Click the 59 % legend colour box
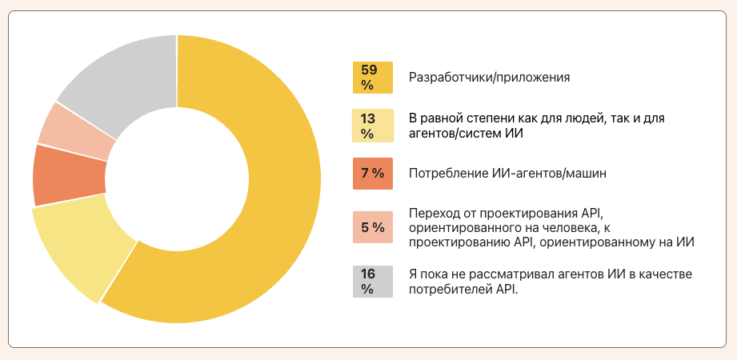pos(372,78)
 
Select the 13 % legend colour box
pos(372,126)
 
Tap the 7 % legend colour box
pos(372,174)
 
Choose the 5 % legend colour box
pos(372,227)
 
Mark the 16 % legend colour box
pos(372,282)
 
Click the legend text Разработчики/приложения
pos(489,78)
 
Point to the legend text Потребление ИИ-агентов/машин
pos(499,174)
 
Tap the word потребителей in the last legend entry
pos(446,290)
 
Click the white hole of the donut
pos(176,179)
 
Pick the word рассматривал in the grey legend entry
pos(499,274)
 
